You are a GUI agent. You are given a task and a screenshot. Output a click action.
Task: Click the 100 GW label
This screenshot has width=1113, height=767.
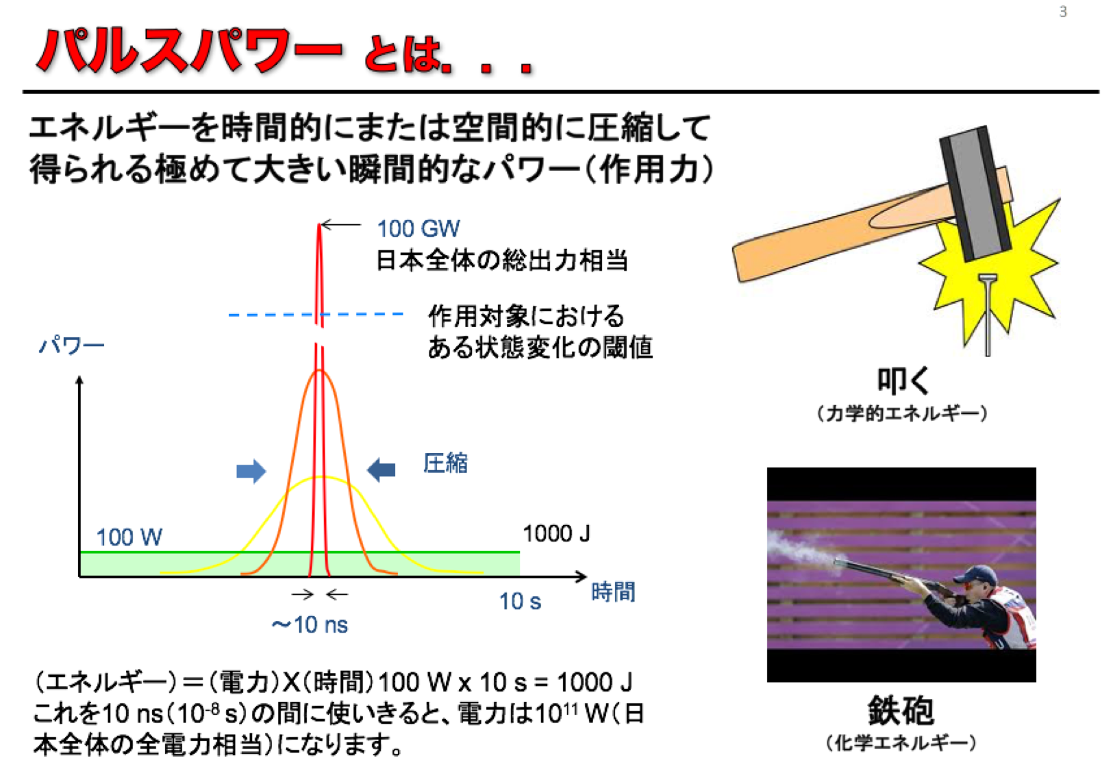pos(418,229)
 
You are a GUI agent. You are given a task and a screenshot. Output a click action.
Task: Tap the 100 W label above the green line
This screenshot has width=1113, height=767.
pos(129,537)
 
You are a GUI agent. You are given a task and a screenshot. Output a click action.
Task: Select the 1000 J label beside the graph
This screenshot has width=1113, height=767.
pos(556,534)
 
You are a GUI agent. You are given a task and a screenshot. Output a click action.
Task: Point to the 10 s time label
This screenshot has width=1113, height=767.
pos(520,601)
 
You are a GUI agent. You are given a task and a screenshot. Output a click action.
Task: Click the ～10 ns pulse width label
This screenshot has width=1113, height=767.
pos(310,624)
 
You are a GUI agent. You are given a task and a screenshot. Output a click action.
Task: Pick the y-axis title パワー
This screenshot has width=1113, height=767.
pos(71,345)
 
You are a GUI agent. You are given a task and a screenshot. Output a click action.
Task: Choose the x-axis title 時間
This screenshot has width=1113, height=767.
pos(613,592)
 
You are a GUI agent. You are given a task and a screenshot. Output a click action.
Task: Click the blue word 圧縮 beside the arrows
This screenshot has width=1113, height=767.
pos(445,463)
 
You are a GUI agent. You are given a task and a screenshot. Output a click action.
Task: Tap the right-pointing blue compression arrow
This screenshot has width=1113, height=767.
pos(251,470)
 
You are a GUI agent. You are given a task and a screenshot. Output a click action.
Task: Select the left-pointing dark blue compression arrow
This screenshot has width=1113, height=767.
pos(381,470)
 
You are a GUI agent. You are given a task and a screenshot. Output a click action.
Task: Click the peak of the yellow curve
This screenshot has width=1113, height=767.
pos(322,478)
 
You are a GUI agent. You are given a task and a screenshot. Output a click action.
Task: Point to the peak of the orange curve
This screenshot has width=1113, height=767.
pos(319,370)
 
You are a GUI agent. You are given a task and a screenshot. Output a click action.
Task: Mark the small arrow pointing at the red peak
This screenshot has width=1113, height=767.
pos(341,225)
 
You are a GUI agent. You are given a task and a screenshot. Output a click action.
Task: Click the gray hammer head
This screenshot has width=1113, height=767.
pos(975,194)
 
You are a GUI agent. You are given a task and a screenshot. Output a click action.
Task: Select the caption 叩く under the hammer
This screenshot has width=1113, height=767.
pos(903,381)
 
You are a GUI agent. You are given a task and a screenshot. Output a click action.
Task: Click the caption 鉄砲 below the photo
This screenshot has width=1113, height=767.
pos(901,711)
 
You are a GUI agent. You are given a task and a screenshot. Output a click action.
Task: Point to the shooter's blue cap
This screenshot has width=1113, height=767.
pos(975,574)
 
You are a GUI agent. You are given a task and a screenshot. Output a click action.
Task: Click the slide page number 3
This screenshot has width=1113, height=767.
pos(1063,12)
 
